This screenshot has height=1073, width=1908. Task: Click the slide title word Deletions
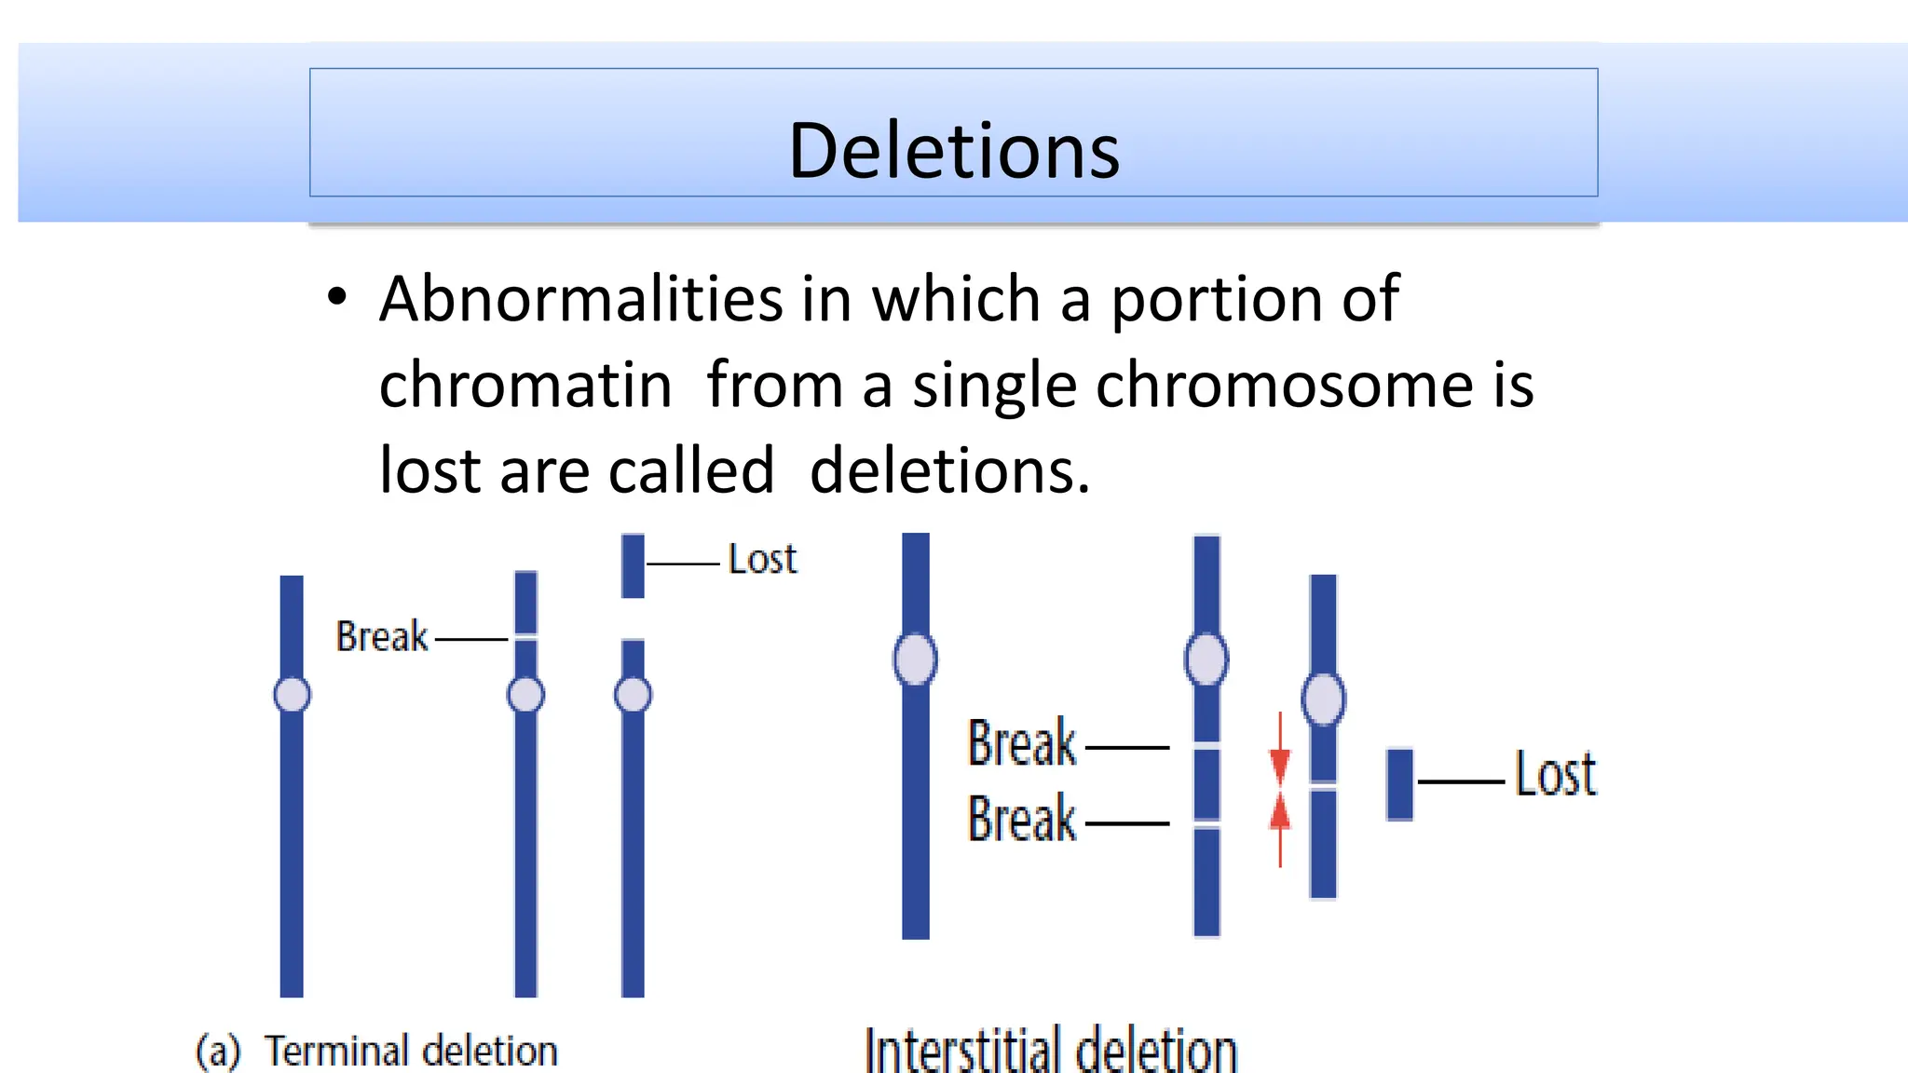953,151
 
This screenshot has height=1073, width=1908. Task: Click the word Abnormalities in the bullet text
581,300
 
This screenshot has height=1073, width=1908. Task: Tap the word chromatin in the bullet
525,386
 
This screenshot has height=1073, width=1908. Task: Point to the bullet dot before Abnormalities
337,298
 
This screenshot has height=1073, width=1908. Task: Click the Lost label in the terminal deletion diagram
762,560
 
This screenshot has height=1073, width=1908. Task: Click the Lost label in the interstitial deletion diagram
1555,775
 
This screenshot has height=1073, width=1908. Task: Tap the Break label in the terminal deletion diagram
381,637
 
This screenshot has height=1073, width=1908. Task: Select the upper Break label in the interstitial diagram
1022,743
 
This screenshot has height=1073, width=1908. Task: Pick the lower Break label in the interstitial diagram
1022,820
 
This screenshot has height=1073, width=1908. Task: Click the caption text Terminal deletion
411,1051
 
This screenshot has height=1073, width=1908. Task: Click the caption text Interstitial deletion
1051,1051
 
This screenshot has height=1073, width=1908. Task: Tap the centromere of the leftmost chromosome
292,695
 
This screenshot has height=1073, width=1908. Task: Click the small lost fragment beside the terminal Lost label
633,565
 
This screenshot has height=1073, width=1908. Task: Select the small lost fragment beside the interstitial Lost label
1399,784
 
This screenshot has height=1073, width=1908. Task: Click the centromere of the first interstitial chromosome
915,659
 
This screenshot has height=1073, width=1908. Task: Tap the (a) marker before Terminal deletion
217,1052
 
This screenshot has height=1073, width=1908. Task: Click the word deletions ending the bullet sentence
948,471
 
